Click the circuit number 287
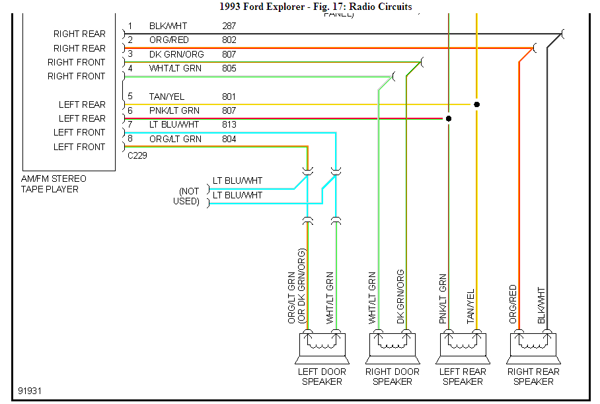pyautogui.click(x=229, y=26)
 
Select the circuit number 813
pyautogui.click(x=229, y=124)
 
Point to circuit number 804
pyautogui.click(x=229, y=139)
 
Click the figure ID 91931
pyautogui.click(x=30, y=391)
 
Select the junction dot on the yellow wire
pyautogui.click(x=476, y=104)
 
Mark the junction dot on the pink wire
pyautogui.click(x=449, y=119)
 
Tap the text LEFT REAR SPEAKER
pyautogui.click(x=463, y=376)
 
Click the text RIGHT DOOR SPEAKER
pyautogui.click(x=393, y=376)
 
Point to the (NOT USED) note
pyautogui.click(x=186, y=196)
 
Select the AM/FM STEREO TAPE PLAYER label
pyautogui.click(x=54, y=184)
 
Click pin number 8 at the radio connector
pyautogui.click(x=130, y=139)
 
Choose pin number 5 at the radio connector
pyautogui.click(x=130, y=97)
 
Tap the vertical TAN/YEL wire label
pyautogui.click(x=471, y=306)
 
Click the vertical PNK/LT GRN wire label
pyautogui.click(x=443, y=299)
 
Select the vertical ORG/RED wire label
pyautogui.click(x=513, y=303)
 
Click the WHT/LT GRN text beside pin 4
pyautogui.click(x=175, y=68)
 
